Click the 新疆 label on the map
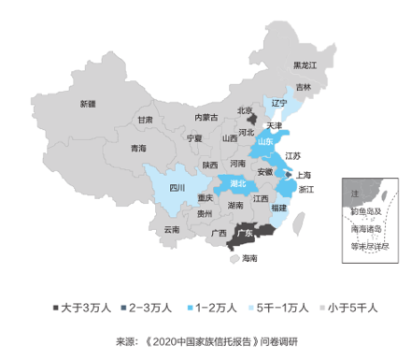87,103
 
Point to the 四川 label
177,187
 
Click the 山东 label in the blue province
267,141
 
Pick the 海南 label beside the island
249,258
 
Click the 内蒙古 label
205,118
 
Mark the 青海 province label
138,148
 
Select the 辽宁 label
279,103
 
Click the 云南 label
170,229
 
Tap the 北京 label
245,110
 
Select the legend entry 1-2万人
214,307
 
